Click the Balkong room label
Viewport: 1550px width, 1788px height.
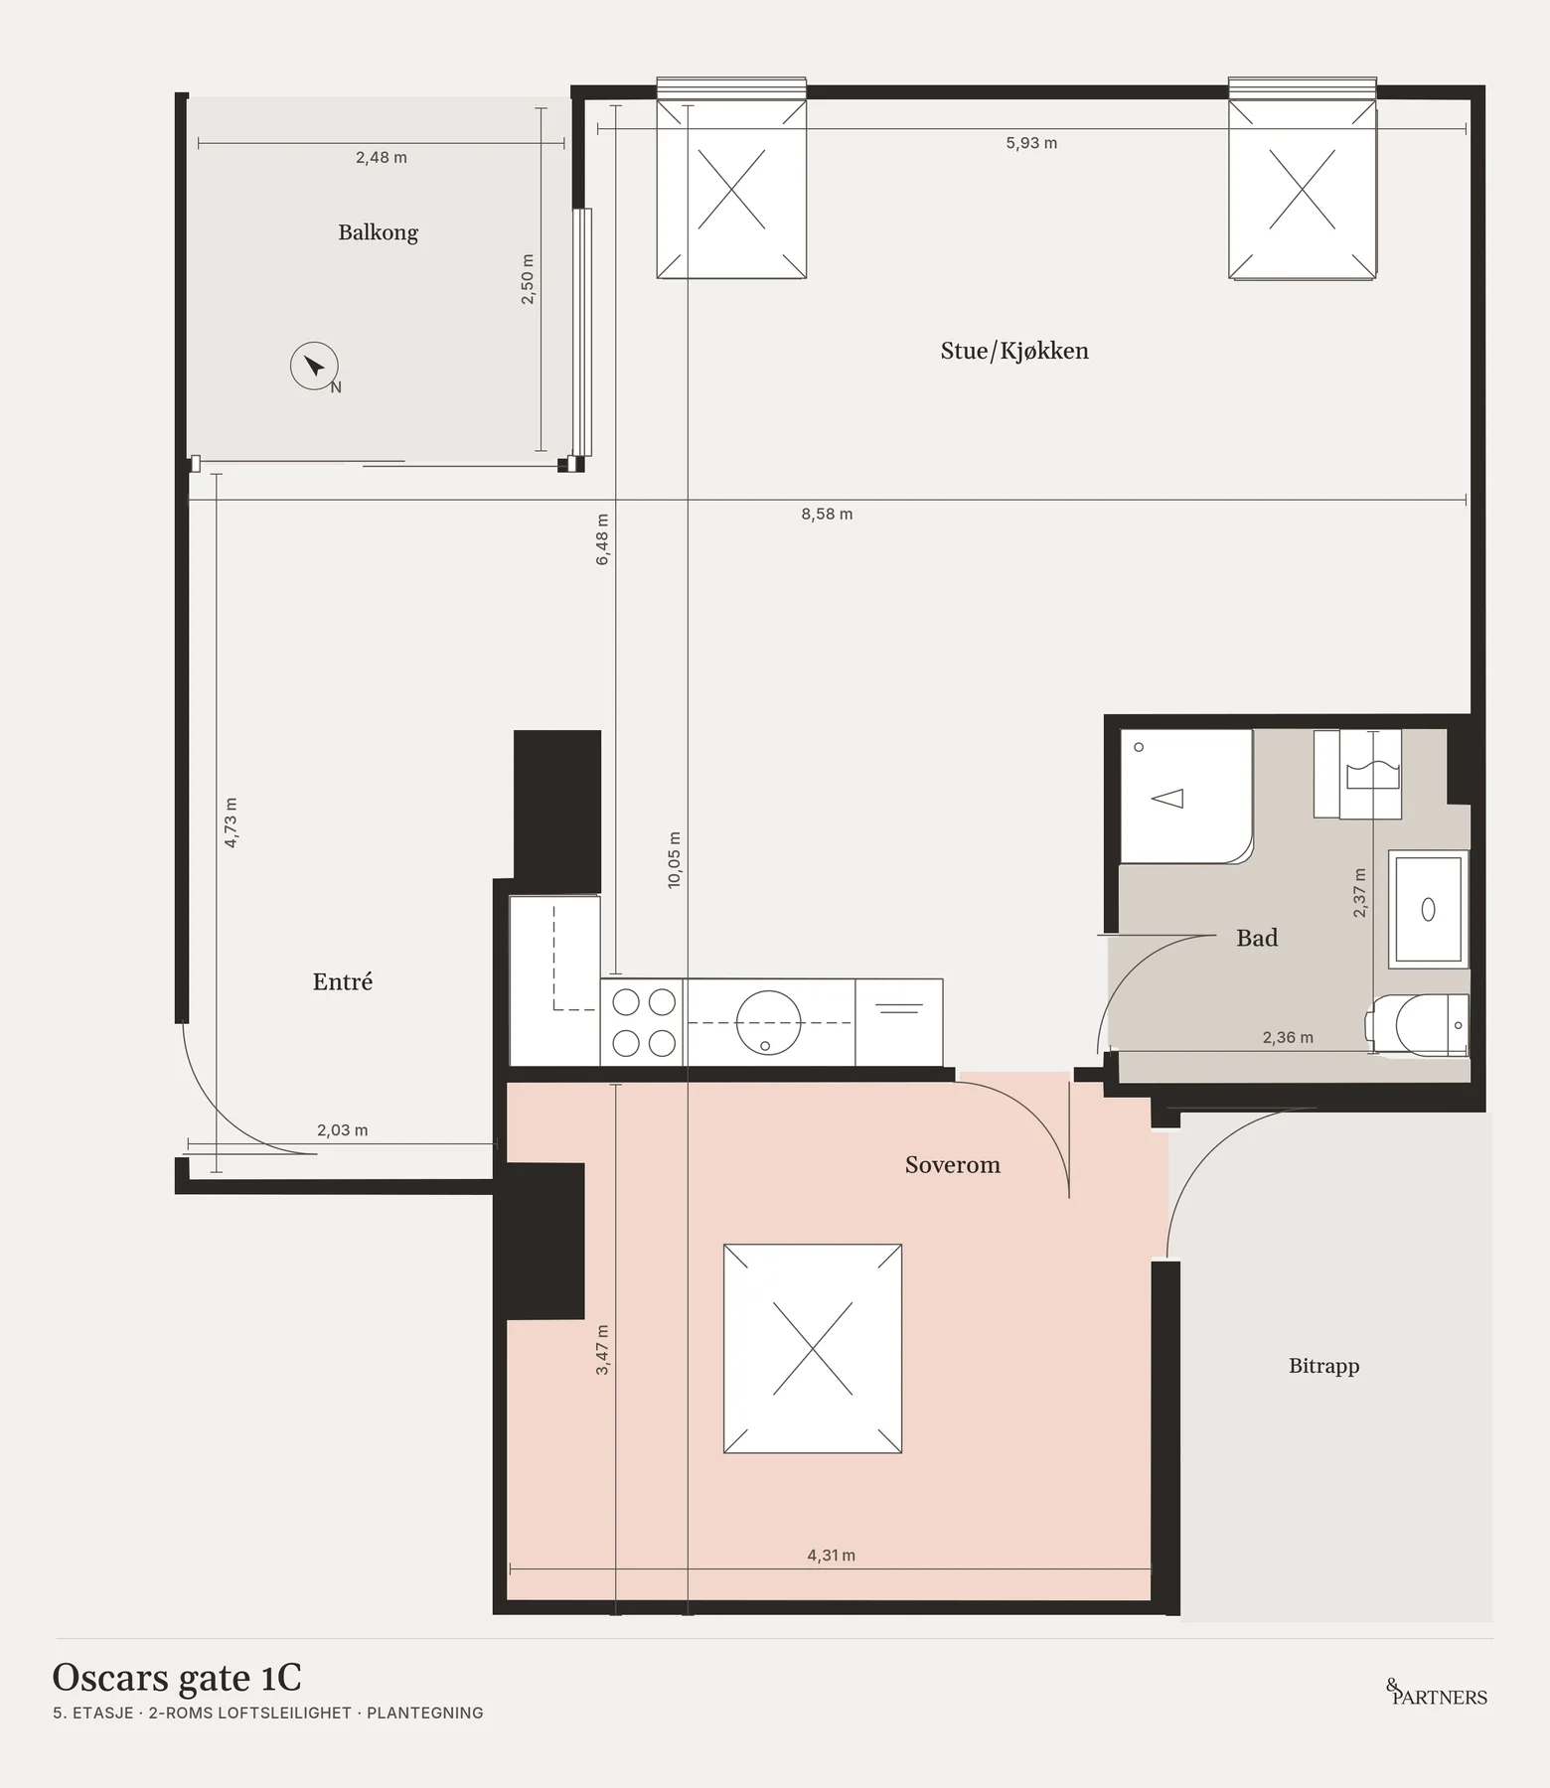pos(378,233)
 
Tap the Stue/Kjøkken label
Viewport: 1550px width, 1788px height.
pos(1014,351)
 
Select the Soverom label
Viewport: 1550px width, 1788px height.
pos(952,1165)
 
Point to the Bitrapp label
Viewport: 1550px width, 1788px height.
pos(1323,1366)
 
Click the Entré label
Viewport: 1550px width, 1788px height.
pos(343,981)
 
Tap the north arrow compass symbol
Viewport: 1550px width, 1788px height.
pos(315,367)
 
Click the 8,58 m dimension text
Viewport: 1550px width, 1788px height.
pos(827,515)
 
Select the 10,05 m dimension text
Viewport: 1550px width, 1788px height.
pos(674,860)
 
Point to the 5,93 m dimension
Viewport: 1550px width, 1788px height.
pos(1031,143)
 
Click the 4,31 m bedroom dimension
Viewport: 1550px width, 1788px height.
pos(831,1556)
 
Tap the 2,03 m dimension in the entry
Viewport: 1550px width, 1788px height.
pos(343,1130)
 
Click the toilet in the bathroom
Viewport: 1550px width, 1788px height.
pos(1418,1024)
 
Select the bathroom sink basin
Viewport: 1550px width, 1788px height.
pos(1428,908)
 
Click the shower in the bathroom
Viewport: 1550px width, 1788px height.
pos(1186,797)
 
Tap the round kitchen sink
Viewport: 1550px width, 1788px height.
pos(768,1022)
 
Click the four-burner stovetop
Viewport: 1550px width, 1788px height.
pos(643,1022)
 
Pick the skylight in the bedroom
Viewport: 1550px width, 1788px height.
pos(813,1348)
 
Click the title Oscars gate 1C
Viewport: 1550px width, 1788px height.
pos(177,1678)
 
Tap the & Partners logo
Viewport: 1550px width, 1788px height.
pos(1437,1693)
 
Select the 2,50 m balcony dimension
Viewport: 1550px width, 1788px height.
pos(528,279)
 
